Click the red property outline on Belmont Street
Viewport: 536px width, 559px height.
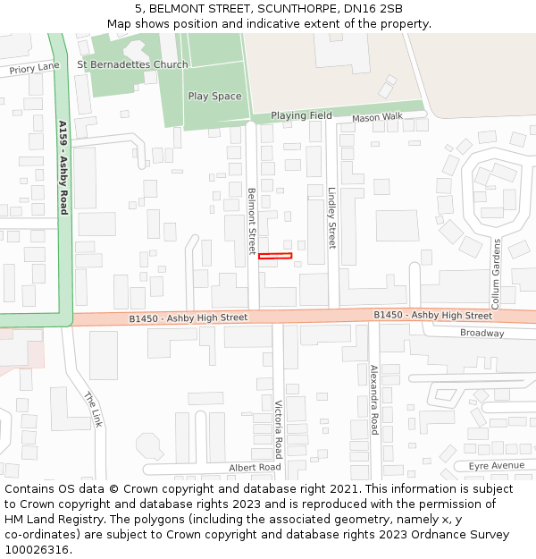275,257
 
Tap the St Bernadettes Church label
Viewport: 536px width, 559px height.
132,64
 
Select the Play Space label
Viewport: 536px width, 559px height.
214,97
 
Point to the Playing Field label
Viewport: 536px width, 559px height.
301,115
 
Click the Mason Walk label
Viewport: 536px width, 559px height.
377,117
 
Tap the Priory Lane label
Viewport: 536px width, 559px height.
34,68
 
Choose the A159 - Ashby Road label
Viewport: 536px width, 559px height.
63,167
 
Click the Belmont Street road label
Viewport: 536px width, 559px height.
252,220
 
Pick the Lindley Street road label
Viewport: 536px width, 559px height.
331,217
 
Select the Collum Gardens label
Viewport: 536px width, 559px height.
497,268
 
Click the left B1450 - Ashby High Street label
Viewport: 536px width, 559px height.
188,318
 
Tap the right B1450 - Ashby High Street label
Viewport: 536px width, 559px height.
432,315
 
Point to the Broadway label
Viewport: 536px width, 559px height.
482,333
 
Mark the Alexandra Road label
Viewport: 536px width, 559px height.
375,399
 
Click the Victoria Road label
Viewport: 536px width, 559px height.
279,428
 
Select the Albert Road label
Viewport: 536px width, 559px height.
255,468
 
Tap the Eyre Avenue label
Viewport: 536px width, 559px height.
496,466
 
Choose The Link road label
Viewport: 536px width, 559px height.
94,409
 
